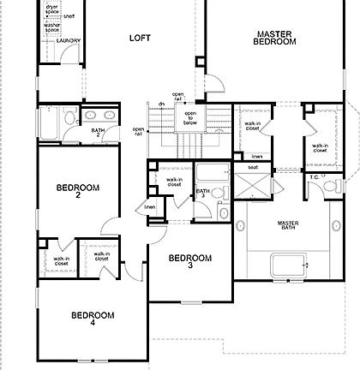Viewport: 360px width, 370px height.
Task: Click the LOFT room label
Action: pyautogui.click(x=140, y=38)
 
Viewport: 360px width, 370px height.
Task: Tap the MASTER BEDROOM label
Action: pyautogui.click(x=277, y=38)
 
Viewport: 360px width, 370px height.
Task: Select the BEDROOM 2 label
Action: pyautogui.click(x=77, y=191)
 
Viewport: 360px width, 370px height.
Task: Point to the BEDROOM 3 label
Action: pyautogui.click(x=189, y=262)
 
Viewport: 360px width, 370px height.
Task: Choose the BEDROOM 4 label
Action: pyautogui.click(x=92, y=319)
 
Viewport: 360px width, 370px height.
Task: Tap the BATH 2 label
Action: pyautogui.click(x=98, y=133)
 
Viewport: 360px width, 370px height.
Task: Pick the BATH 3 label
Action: pyautogui.click(x=203, y=195)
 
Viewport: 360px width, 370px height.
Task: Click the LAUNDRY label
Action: pyautogui.click(x=68, y=40)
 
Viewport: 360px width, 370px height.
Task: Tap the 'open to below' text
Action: pyautogui.click(x=190, y=117)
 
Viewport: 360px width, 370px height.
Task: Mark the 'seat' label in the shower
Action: pyautogui.click(x=253, y=167)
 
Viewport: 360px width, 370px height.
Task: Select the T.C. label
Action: pyautogui.click(x=315, y=178)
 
